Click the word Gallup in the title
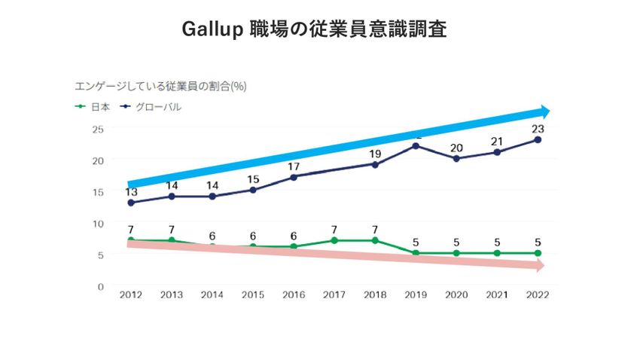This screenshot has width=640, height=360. pos(213,29)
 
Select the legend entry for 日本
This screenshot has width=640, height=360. pos(93,107)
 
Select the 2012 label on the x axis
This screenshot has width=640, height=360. pos(131,295)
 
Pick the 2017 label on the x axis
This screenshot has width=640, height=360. pos(334,295)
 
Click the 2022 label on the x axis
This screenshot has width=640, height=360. pos(538,295)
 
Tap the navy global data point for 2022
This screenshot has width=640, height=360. pos(538,139)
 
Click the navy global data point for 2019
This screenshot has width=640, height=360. pos(416,145)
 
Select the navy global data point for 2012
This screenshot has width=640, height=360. pos(131,203)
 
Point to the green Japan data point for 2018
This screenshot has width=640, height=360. pos(375,240)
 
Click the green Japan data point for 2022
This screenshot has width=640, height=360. pos(538,253)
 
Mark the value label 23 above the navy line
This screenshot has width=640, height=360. pos(538,128)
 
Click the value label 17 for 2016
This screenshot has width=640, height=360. pos(294,166)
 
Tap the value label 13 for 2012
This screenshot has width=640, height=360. pos(131,192)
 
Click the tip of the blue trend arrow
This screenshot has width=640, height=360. pos(550,111)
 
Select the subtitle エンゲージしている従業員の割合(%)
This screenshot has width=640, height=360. pos(160,86)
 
